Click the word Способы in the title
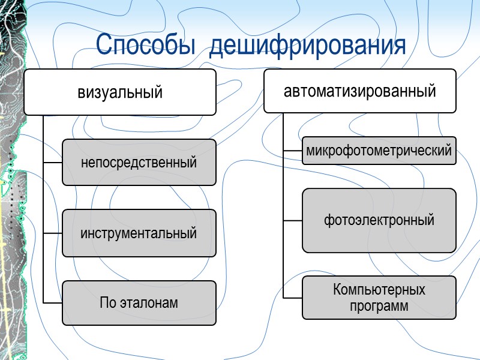point(146,46)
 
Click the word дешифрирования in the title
point(308,46)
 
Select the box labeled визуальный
point(120,92)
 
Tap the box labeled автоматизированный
point(360,91)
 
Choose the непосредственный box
point(139,162)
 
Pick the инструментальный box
point(139,233)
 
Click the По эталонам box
point(139,303)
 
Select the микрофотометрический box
point(379,151)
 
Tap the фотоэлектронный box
point(379,220)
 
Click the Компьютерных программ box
point(379,298)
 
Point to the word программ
point(379,306)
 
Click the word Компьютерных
point(379,290)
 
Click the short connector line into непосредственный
point(53,162)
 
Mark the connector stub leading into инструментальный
point(53,233)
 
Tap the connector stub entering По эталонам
point(53,303)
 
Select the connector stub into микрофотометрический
point(293,151)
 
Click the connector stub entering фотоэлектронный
point(293,220)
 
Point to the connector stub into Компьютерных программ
point(293,298)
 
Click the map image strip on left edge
point(12,180)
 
